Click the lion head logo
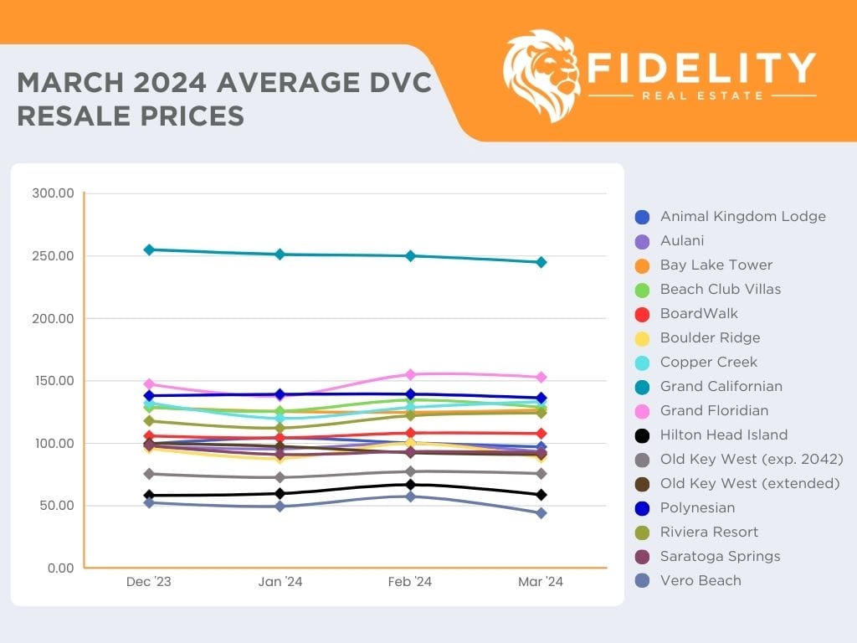[x=542, y=75]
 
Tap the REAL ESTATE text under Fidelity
[x=702, y=95]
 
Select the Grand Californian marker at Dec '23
[x=149, y=249]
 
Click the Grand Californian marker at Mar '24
[x=541, y=262]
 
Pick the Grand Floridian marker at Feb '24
[x=411, y=374]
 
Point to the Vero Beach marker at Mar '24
[x=541, y=513]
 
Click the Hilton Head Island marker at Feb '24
[x=411, y=485]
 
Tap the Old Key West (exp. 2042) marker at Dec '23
[x=149, y=474]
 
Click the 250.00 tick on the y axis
[x=53, y=256]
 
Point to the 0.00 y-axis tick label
[x=58, y=568]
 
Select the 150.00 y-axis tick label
[x=53, y=381]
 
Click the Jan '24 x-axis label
[x=280, y=583]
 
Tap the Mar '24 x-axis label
[x=541, y=583]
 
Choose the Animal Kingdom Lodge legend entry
[x=742, y=216]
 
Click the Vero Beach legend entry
[x=700, y=580]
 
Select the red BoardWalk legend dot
[x=642, y=314]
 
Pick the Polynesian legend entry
[x=697, y=507]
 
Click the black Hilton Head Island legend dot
[x=642, y=435]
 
